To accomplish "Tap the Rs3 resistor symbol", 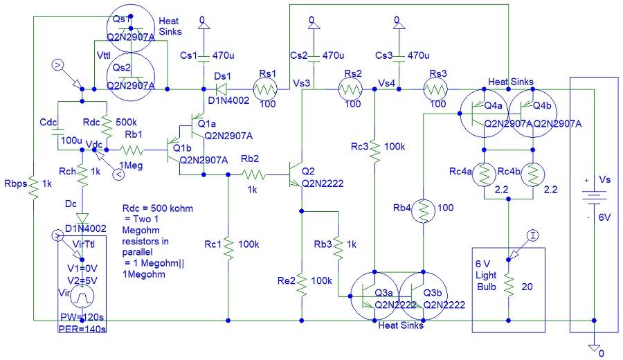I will point(437,89).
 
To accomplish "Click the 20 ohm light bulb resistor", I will point(509,285).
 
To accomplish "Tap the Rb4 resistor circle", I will point(422,211).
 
